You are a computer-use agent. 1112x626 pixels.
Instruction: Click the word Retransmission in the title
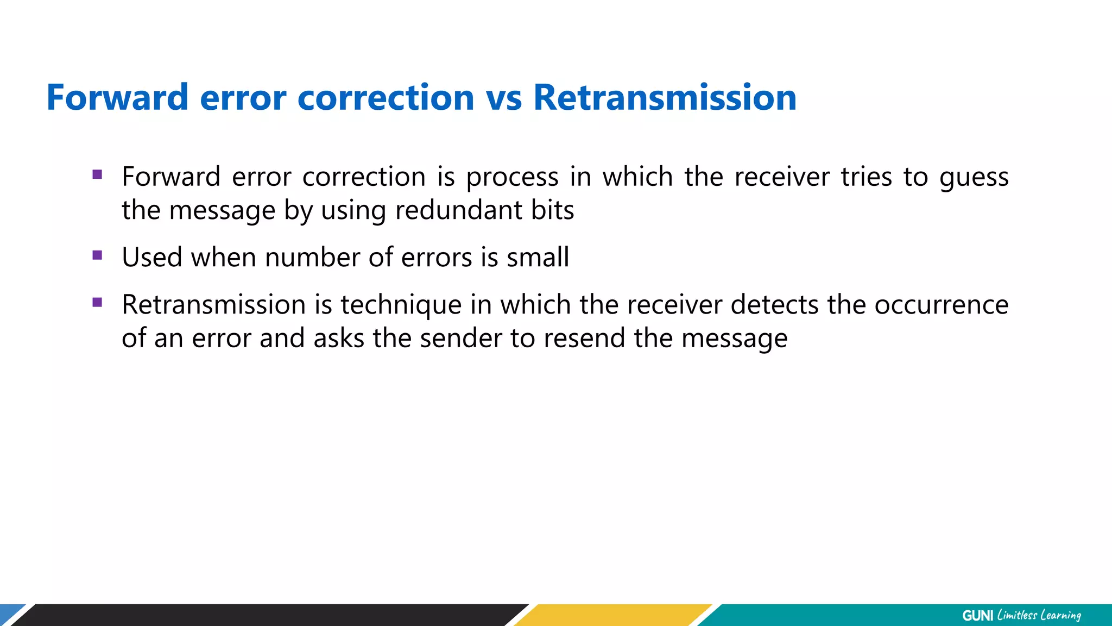[665, 98]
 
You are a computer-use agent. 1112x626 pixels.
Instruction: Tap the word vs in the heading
[503, 98]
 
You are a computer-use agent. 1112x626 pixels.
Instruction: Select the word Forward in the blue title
[117, 98]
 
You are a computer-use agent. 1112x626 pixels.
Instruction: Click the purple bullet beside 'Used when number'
[98, 255]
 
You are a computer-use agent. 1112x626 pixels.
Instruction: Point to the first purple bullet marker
[98, 174]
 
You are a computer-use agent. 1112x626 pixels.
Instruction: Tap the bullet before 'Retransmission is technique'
[98, 302]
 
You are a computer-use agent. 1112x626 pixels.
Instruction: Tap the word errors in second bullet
[437, 257]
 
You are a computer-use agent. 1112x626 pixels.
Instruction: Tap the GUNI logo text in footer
[977, 616]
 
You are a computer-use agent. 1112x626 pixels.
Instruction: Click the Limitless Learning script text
[1039, 616]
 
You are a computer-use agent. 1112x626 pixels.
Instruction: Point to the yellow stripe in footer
[614, 615]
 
